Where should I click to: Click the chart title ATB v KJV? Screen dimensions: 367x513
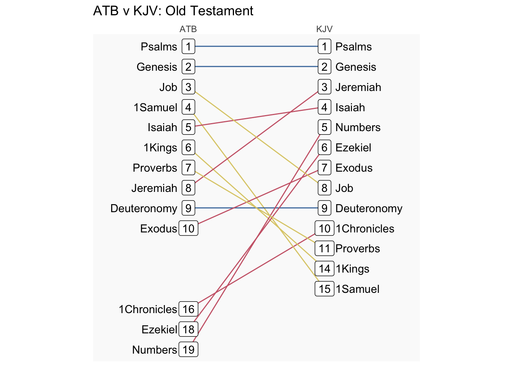coord(173,11)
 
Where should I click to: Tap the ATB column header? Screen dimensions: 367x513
coord(188,29)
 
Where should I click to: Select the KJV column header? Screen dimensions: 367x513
coord(324,29)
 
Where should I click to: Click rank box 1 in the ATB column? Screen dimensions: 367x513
coord(188,47)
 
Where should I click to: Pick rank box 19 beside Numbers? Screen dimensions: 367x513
coord(188,349)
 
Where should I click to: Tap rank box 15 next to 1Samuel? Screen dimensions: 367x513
coord(324,289)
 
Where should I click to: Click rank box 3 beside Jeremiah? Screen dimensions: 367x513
coord(324,87)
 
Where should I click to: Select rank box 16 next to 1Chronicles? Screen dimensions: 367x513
coord(188,309)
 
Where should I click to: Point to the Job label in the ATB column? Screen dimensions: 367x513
coord(168,87)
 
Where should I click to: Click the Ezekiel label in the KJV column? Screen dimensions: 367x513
coord(353,148)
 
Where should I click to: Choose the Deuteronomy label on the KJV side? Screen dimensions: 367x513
coord(369,208)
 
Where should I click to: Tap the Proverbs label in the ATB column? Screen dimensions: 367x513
coord(155,168)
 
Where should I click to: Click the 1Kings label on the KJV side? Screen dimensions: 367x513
coord(352,269)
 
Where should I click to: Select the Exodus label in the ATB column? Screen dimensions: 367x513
coord(158,229)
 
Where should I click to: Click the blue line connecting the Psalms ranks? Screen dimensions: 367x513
coord(256,47)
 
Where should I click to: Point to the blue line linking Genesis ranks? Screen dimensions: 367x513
coord(256,67)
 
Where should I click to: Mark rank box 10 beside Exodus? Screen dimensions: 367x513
coord(188,229)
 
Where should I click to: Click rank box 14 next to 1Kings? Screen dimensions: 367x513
coord(324,269)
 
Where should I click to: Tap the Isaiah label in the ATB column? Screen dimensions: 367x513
coord(162,127)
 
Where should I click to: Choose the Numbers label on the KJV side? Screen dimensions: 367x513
coord(358,127)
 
